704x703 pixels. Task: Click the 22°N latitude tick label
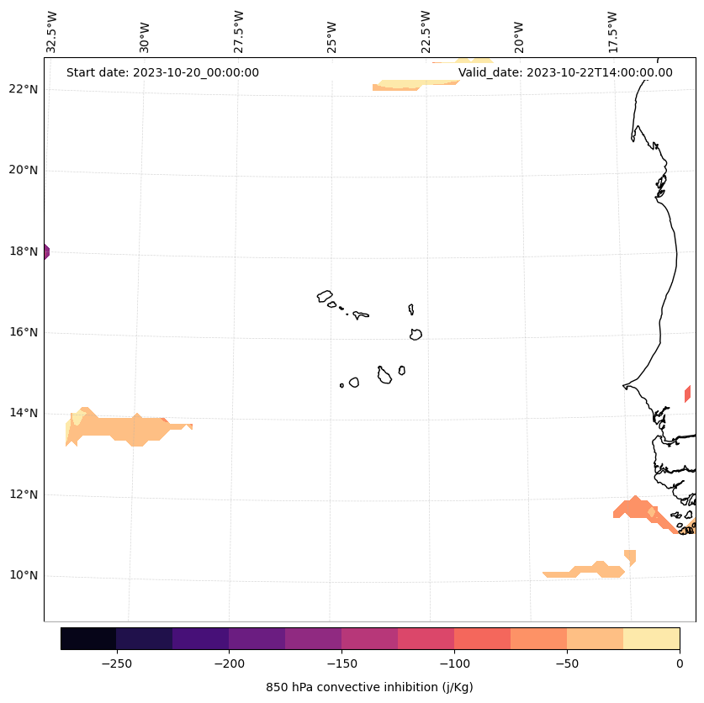click(x=24, y=89)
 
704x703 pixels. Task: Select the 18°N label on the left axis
click(x=24, y=251)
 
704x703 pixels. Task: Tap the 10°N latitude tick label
click(x=24, y=576)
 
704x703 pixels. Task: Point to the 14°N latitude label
click(x=24, y=413)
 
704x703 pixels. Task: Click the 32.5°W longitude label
click(x=52, y=32)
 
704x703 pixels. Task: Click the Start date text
click(x=162, y=72)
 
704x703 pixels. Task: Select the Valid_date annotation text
click(x=565, y=72)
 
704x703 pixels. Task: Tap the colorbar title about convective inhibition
click(x=369, y=687)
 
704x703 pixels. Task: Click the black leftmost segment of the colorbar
click(x=88, y=638)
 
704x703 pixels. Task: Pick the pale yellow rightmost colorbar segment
click(x=651, y=638)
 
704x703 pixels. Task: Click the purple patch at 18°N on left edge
click(x=46, y=251)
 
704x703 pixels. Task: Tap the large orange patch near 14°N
click(x=126, y=428)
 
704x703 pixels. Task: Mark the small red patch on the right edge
click(x=688, y=394)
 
